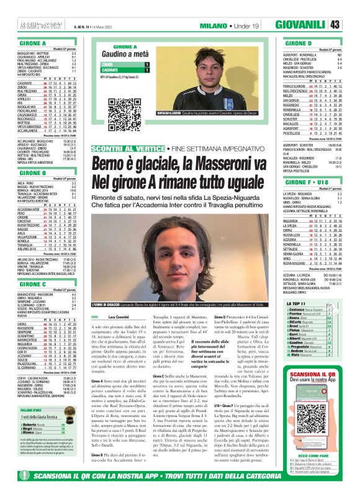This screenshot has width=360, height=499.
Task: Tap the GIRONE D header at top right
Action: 300,43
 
